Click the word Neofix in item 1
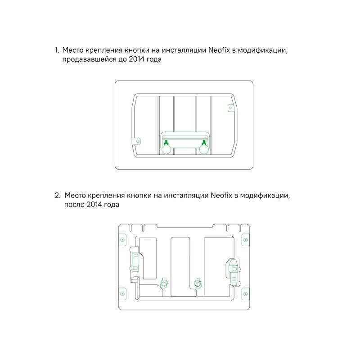point(219,50)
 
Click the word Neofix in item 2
point(221,195)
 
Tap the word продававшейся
point(89,59)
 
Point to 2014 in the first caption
point(136,59)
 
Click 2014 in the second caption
point(94,204)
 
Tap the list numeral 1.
point(57,50)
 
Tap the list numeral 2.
point(58,195)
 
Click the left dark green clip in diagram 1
point(166,144)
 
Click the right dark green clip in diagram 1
point(204,144)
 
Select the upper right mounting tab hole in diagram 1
point(231,108)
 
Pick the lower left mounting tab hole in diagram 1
point(138,141)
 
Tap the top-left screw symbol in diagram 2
point(122,240)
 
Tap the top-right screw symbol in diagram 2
point(245,240)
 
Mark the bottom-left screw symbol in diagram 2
point(122,294)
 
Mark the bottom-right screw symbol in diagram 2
point(245,294)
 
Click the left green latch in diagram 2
point(135,262)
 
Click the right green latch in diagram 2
point(234,273)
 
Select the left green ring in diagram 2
point(164,283)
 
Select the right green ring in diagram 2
point(198,283)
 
